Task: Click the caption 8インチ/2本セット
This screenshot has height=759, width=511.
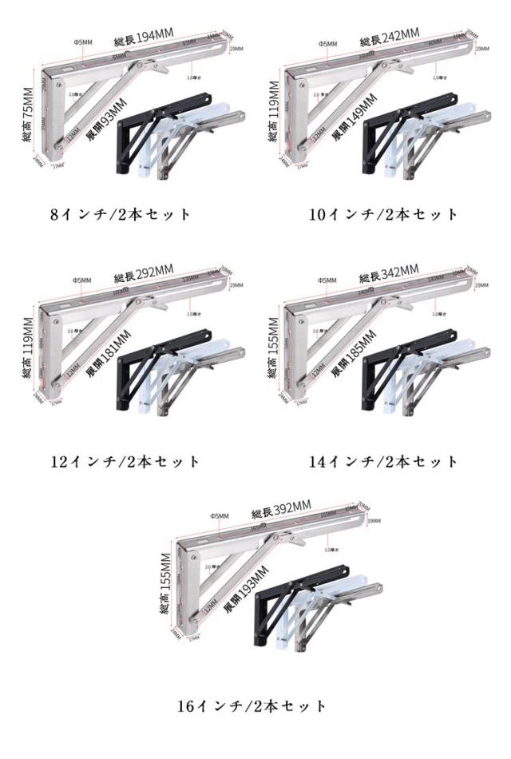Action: click(121, 213)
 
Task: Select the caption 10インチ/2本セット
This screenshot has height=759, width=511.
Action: click(385, 213)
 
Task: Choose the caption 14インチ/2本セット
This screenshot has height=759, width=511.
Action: click(385, 461)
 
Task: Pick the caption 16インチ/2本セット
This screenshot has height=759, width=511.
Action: click(252, 705)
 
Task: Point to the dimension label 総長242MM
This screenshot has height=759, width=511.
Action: click(389, 38)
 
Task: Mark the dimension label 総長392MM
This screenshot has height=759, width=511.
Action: click(281, 511)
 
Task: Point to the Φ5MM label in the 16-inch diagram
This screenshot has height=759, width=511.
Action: click(220, 516)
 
